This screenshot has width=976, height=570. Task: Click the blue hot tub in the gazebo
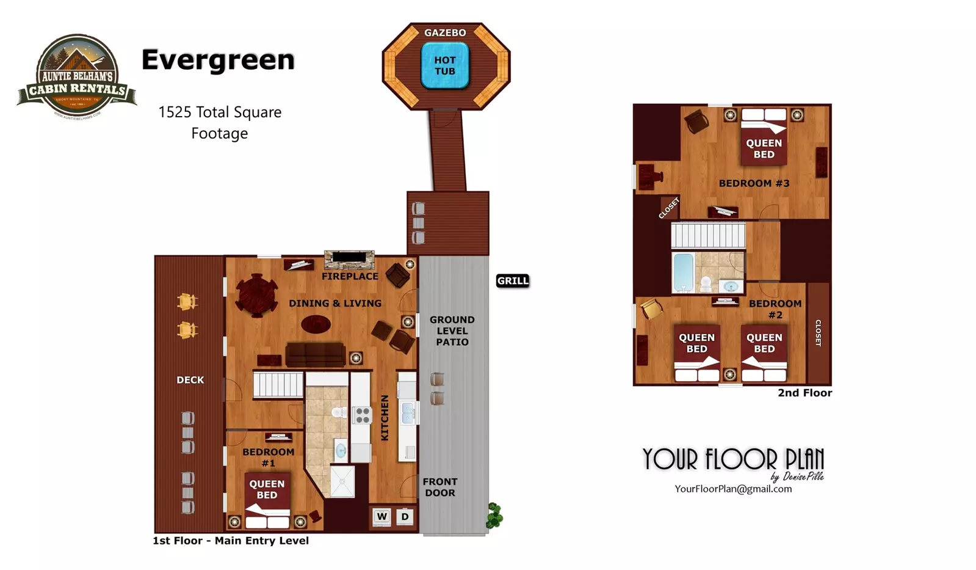(445, 66)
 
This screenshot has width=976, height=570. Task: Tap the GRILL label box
(513, 281)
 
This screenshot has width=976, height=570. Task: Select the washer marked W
(382, 517)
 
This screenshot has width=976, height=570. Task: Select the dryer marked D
(405, 517)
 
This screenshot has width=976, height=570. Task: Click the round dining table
(258, 295)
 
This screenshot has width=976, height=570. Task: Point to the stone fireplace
(349, 260)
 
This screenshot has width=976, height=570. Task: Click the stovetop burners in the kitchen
(363, 415)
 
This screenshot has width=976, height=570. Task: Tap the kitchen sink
(408, 413)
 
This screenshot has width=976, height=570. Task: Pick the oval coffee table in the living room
(316, 323)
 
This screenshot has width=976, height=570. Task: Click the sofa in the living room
(316, 354)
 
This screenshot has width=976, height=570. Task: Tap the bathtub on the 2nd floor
(683, 272)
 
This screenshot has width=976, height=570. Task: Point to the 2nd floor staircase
(708, 235)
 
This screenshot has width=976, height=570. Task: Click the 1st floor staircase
(278, 385)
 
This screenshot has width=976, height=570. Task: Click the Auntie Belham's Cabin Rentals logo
(77, 76)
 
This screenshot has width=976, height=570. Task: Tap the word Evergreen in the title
(218, 60)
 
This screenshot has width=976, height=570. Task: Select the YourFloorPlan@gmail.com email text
(733, 489)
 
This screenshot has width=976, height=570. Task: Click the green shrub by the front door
(494, 515)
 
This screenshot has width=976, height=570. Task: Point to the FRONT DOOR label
(440, 487)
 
